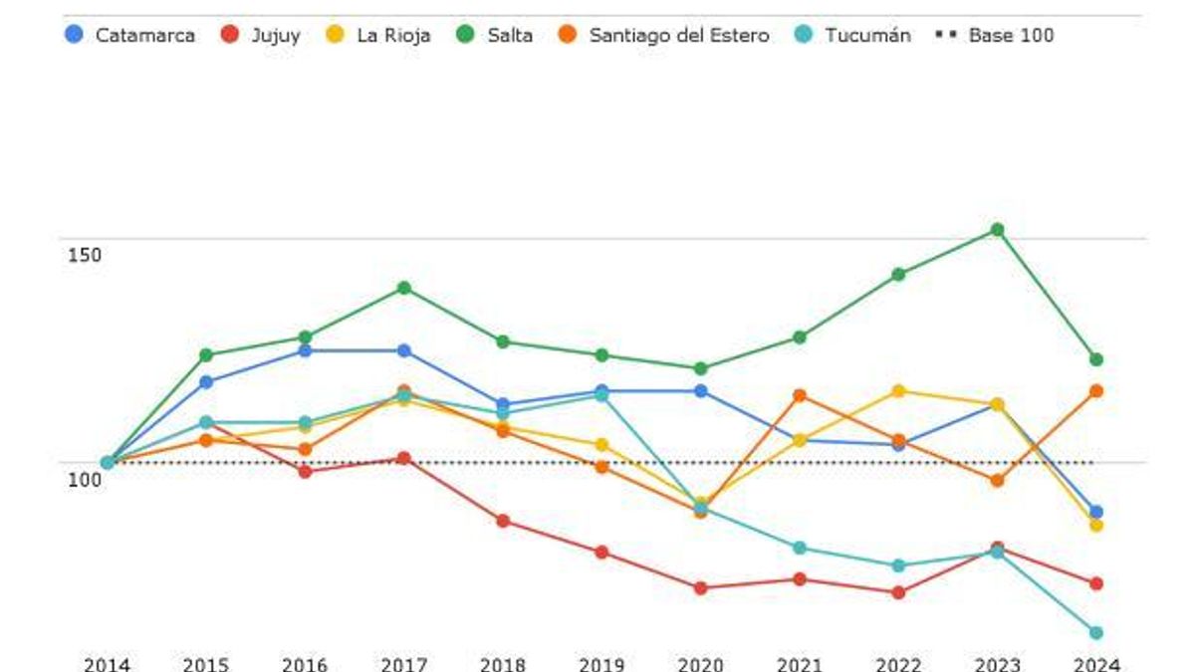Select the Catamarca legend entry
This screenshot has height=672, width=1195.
(130, 35)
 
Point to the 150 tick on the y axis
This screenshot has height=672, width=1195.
(85, 255)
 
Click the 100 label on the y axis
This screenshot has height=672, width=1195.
(85, 480)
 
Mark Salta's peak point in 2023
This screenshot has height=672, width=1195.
(997, 230)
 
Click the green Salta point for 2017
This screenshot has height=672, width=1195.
(404, 288)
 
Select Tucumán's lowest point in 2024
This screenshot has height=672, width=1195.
(1095, 632)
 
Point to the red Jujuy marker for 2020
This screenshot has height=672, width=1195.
(700, 588)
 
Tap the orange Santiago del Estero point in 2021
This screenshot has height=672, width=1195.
(799, 395)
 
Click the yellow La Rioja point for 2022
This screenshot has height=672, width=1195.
(898, 390)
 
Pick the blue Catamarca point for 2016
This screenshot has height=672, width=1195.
(306, 350)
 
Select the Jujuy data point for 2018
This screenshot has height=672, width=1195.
(503, 521)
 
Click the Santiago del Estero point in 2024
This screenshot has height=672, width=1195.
(1095, 390)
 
